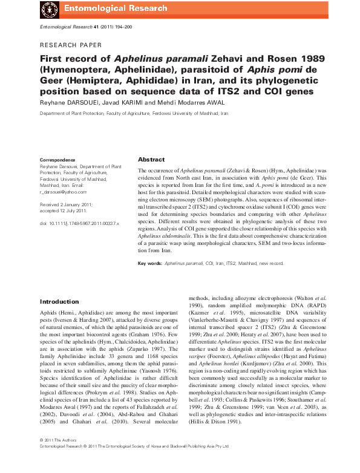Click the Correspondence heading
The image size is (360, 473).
coord(57,160)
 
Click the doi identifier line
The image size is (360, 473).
coord(79,223)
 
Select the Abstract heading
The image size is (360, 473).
coord(151,159)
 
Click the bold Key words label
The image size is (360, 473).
coord(150,264)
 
